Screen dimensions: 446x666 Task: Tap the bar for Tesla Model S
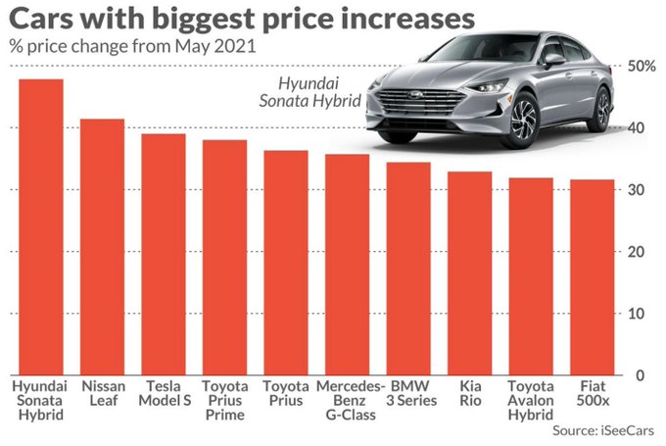pos(164,255)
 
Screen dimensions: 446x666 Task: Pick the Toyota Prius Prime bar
pos(224,257)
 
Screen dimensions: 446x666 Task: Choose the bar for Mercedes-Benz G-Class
pos(348,265)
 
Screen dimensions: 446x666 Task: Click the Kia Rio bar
pos(470,273)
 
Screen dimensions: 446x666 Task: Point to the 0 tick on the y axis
pos(639,375)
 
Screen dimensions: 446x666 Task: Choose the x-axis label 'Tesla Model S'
pos(164,393)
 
